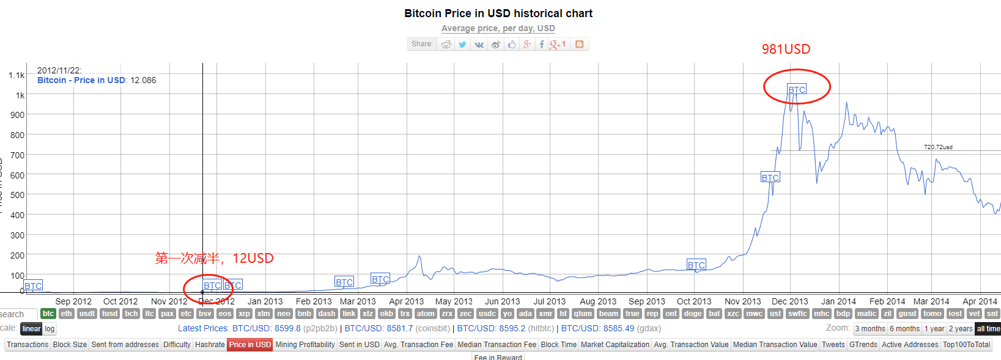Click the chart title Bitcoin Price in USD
(498, 13)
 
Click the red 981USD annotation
(786, 50)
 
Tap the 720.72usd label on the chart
(938, 147)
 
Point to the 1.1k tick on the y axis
(17, 75)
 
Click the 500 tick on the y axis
(17, 195)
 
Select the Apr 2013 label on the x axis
(406, 301)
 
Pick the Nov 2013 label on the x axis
(742, 301)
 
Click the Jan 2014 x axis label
(838, 301)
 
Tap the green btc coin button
(48, 314)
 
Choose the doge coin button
(693, 314)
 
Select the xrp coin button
(245, 314)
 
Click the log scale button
(50, 329)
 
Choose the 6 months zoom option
(904, 329)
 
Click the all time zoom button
(988, 329)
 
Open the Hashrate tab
(210, 345)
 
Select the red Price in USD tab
(249, 345)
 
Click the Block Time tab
(558, 345)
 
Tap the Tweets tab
(833, 345)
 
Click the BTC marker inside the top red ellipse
(797, 90)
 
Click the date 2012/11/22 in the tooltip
(59, 70)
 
